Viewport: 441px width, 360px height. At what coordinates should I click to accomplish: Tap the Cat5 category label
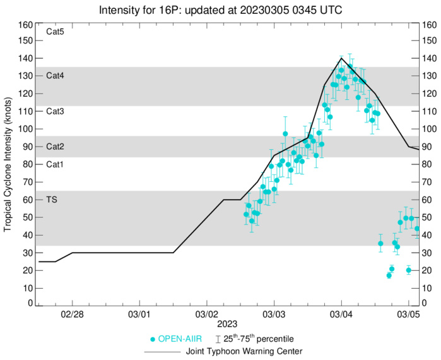(56, 32)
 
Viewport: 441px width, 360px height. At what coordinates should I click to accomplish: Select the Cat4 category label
(56, 75)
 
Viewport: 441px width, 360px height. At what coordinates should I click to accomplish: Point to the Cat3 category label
(56, 111)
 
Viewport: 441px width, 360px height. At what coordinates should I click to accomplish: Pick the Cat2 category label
(56, 147)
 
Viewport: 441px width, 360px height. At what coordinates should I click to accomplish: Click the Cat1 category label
(56, 164)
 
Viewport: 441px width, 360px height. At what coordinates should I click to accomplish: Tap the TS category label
(52, 200)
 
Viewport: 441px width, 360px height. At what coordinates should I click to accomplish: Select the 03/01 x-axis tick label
(139, 314)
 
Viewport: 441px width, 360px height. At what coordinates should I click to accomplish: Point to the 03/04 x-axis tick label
(341, 314)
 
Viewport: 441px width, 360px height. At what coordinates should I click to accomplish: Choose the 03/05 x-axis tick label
(409, 314)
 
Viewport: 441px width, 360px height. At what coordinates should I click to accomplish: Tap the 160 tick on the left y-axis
(25, 25)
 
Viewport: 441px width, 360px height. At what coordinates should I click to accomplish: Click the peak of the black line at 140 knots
(341, 58)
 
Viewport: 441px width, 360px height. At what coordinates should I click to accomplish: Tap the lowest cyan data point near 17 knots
(389, 275)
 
